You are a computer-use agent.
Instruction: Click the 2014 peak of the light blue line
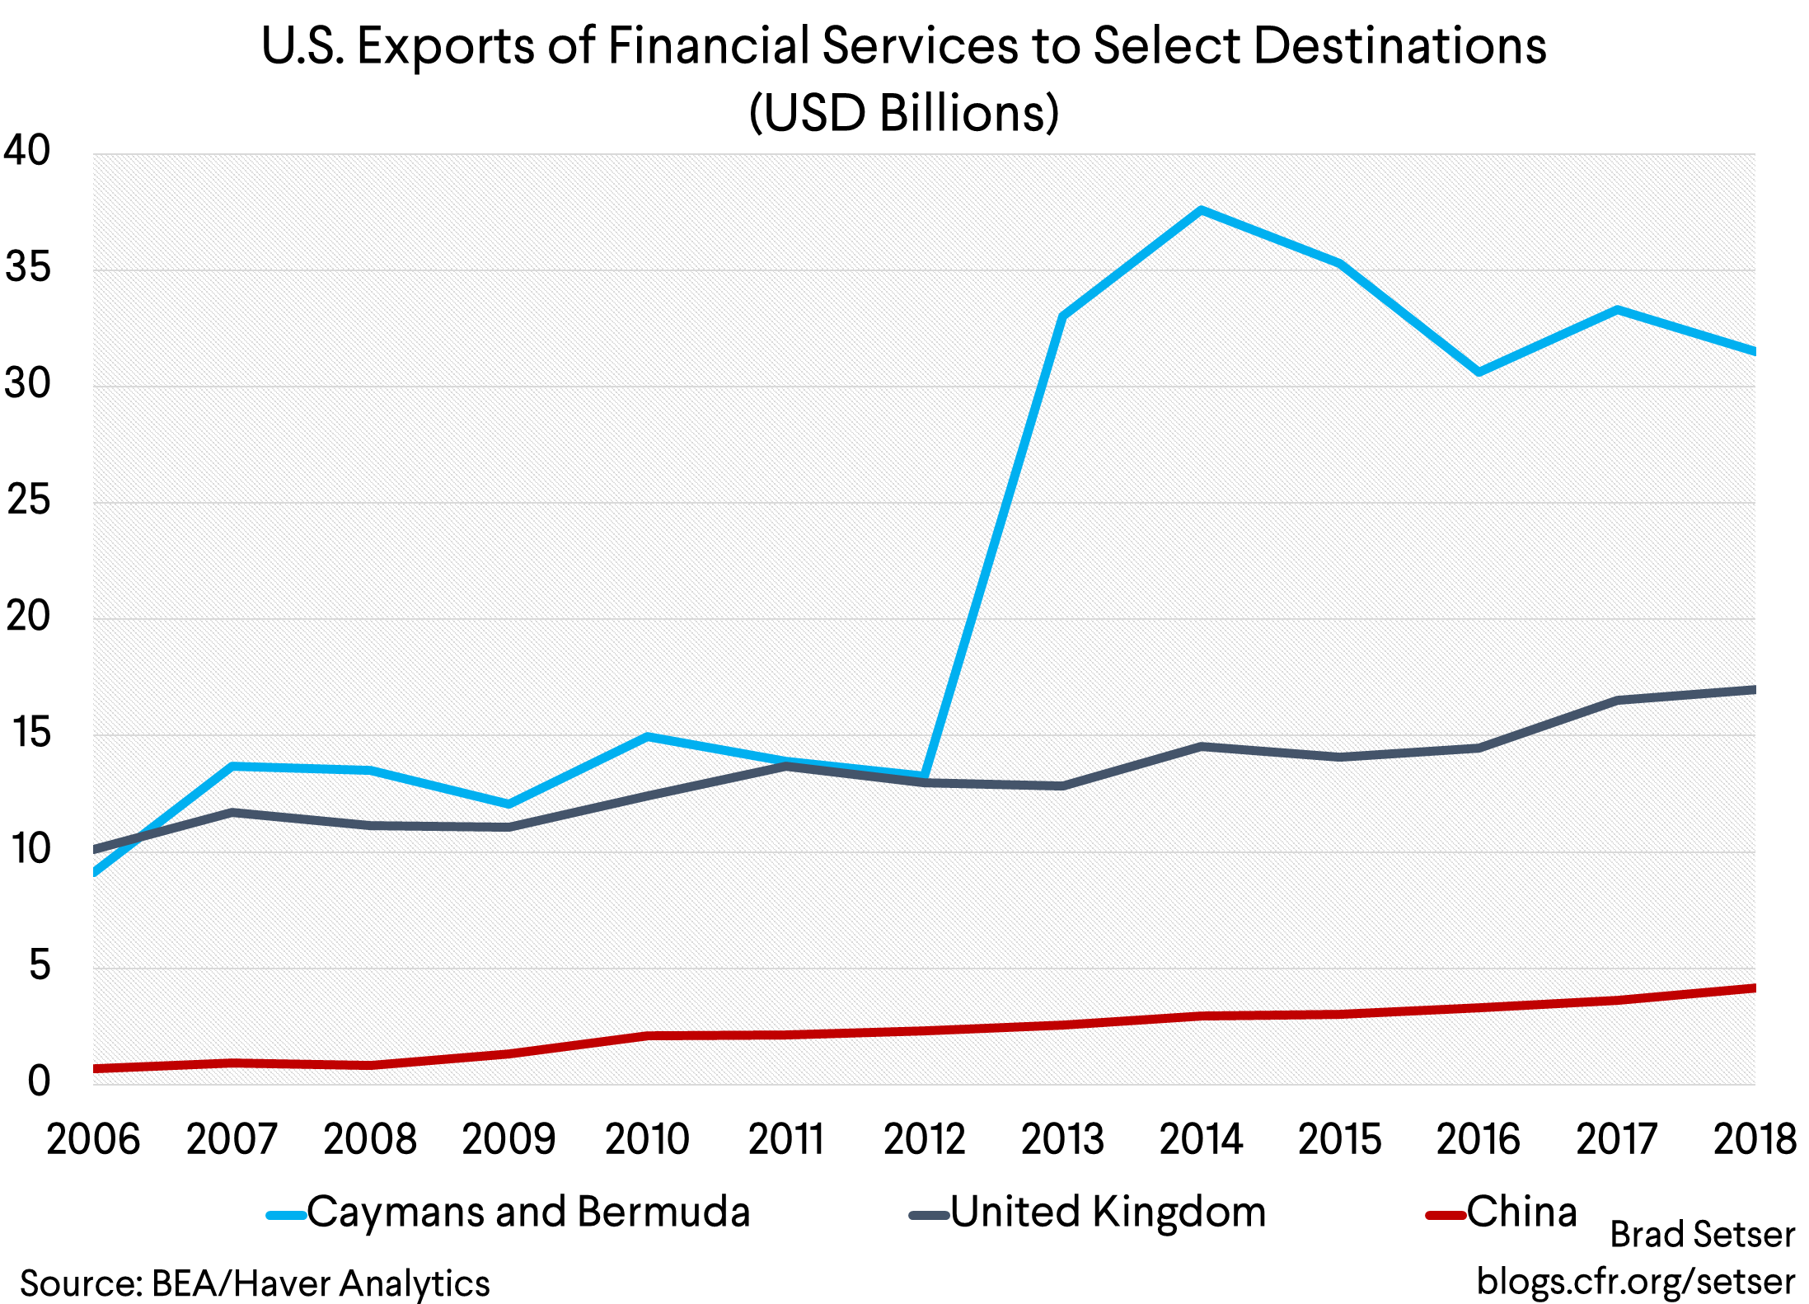coord(1202,210)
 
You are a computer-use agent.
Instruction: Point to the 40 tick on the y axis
coord(27,151)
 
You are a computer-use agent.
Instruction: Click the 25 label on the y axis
coord(27,500)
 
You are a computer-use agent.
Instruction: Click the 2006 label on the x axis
coord(93,1140)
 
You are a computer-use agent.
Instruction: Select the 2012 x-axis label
coord(924,1140)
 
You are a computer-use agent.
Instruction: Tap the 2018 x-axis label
coord(1754,1140)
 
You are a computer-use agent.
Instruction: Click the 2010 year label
coord(647,1140)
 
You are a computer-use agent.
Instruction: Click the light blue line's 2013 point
coord(1063,316)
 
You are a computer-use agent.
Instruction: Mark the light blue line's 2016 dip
coord(1479,372)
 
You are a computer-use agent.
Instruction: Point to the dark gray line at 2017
coord(1617,700)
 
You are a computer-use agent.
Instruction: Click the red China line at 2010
coord(647,1035)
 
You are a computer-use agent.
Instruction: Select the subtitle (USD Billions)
coord(904,113)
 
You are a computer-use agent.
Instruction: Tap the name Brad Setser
coord(1702,1235)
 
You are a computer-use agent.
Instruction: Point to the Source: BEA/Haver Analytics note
coord(255,1283)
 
